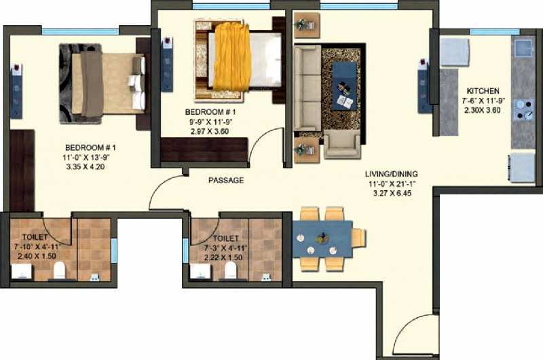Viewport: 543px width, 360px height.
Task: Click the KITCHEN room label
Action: click(483, 91)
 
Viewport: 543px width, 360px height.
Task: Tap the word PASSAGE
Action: click(226, 180)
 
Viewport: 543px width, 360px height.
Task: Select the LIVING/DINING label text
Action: click(392, 174)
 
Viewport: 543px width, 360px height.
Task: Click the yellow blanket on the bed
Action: click(231, 56)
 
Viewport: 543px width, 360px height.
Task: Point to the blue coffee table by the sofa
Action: click(344, 86)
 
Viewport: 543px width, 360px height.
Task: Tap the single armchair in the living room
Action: click(342, 145)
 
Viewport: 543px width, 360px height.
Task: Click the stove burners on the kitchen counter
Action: click(523, 109)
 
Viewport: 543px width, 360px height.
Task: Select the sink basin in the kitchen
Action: click(523, 48)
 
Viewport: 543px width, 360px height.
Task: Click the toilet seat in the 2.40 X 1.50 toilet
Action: click(60, 270)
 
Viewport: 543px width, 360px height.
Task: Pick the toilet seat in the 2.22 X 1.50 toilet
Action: click(230, 270)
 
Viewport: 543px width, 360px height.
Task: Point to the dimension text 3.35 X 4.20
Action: click(86, 166)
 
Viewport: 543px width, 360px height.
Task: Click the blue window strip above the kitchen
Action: click(495, 32)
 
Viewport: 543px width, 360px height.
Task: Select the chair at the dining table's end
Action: click(359, 238)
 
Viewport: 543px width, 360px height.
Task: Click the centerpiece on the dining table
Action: click(322, 238)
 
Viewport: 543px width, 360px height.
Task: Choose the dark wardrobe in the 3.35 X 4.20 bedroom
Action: click(22, 170)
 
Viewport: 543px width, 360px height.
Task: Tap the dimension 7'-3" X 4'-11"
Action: click(225, 248)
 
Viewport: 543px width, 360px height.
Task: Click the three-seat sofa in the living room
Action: click(307, 88)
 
